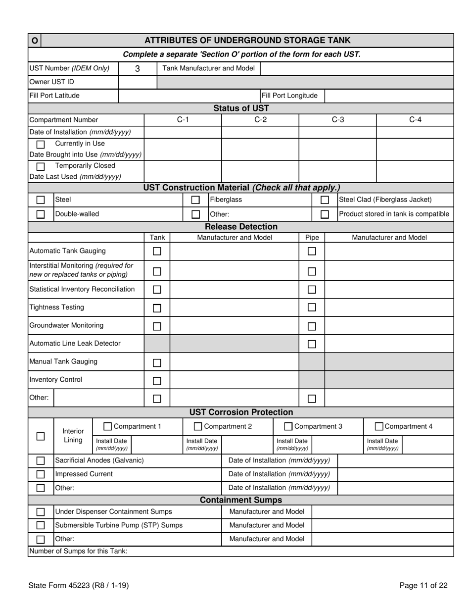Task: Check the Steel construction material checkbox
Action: [41, 200]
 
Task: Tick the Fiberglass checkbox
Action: [195, 200]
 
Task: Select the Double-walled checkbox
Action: [41, 214]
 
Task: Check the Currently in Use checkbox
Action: [41, 145]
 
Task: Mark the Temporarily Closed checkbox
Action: [41, 166]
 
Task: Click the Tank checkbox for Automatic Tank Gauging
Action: [157, 252]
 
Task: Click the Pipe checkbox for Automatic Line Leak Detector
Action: [312, 344]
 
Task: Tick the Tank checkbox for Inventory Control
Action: [157, 381]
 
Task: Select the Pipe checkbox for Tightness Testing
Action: [312, 308]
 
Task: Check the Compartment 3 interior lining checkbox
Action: [288, 426]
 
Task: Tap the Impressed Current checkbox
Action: [41, 474]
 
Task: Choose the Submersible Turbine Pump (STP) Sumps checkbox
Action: [41, 525]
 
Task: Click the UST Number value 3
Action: [138, 69]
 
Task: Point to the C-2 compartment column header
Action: [260, 120]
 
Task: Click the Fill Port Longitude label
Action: [289, 96]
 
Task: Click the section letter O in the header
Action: [35, 41]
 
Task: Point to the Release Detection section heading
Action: [241, 227]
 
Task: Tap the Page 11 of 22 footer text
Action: [423, 586]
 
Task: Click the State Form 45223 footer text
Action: [79, 586]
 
